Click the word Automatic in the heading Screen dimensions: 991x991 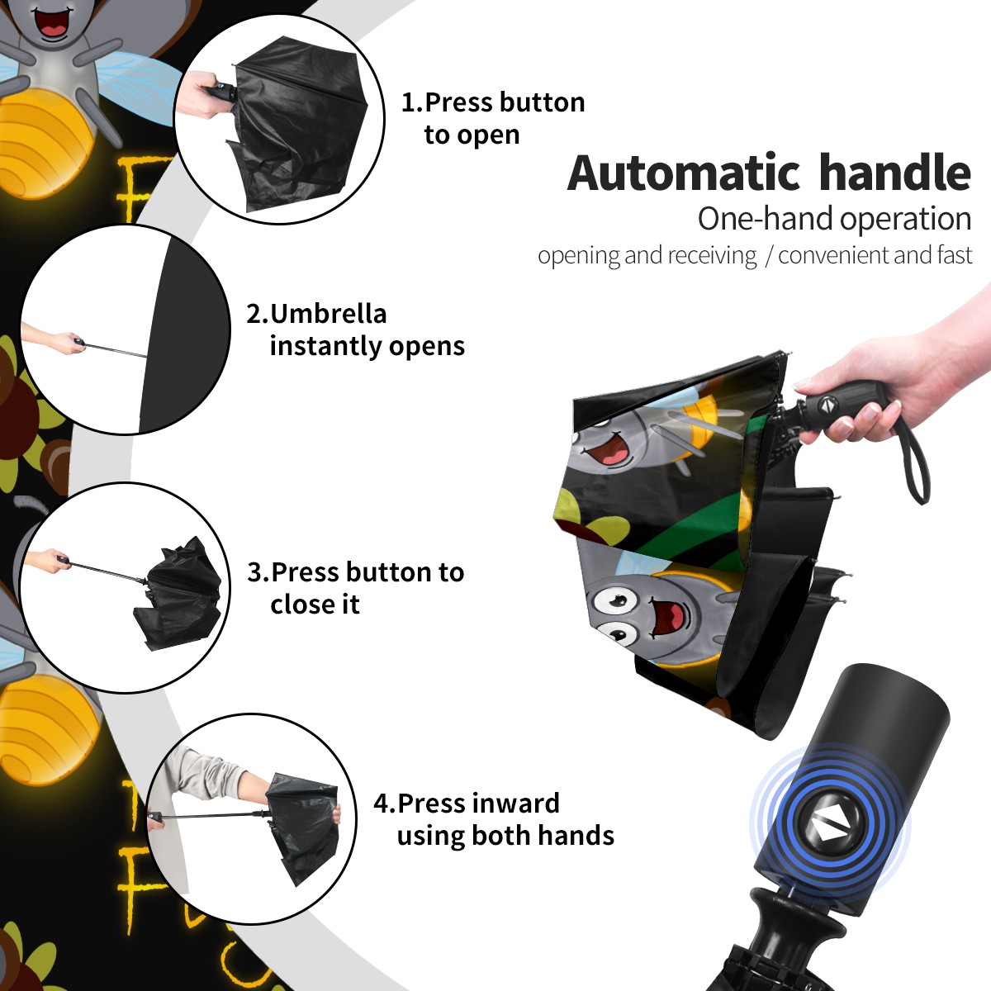pos(684,173)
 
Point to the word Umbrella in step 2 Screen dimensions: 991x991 pos(328,314)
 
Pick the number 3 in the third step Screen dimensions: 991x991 pos(254,572)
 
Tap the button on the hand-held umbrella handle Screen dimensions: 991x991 pos(826,405)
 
